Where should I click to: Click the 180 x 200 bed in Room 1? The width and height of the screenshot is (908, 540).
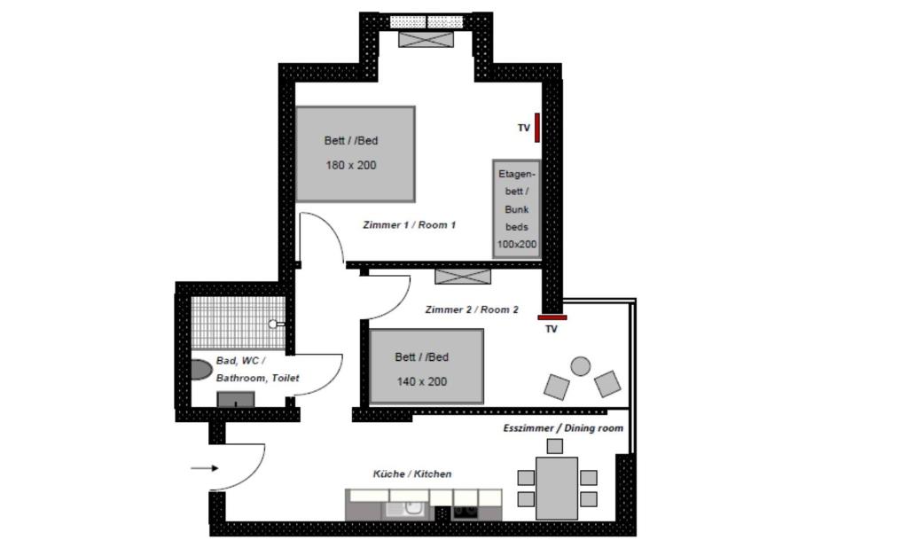356,154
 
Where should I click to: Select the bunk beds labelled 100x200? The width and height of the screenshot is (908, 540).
517,209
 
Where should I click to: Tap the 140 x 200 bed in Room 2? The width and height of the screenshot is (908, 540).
427,366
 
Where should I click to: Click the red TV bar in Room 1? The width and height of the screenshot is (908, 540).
536,128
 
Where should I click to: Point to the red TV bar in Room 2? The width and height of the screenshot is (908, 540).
552,317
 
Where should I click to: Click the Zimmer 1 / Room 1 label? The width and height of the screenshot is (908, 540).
410,224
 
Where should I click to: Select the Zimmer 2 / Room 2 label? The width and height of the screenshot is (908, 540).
472,309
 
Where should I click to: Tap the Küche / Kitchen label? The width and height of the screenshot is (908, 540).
412,474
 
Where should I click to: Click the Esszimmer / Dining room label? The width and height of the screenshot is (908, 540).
563,428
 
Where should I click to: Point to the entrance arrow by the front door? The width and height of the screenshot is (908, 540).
205,468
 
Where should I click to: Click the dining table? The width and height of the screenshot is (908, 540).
557,489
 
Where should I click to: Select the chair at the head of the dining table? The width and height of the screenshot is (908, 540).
555,446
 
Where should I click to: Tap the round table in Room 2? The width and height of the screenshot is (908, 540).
580,366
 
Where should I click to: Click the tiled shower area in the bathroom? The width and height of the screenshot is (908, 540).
238,323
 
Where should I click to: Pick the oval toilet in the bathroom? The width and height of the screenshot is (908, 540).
200,370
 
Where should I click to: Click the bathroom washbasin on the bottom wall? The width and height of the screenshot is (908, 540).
236,399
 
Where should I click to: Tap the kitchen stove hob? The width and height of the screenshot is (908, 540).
465,511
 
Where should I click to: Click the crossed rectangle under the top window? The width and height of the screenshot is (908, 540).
427,39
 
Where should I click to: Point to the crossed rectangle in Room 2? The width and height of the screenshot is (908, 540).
463,277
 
